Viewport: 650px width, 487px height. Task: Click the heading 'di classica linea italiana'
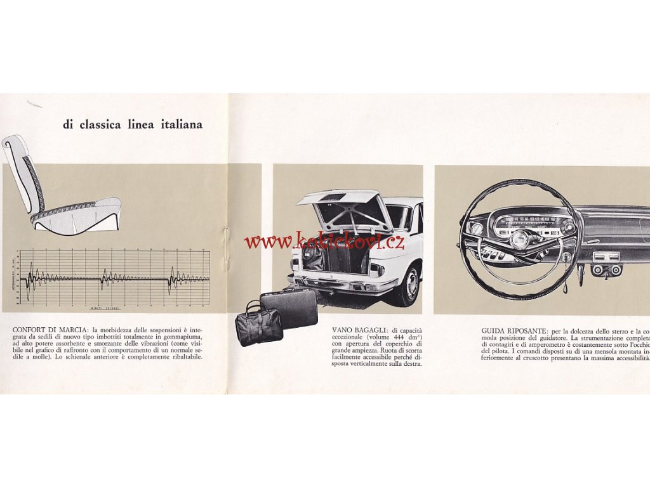tap(133, 124)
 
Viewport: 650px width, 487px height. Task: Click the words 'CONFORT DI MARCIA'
tap(50, 330)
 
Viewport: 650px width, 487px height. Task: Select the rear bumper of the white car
tap(343, 283)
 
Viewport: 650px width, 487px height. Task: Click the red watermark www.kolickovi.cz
tap(324, 241)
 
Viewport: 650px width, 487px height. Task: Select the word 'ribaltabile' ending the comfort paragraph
tap(190, 356)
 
